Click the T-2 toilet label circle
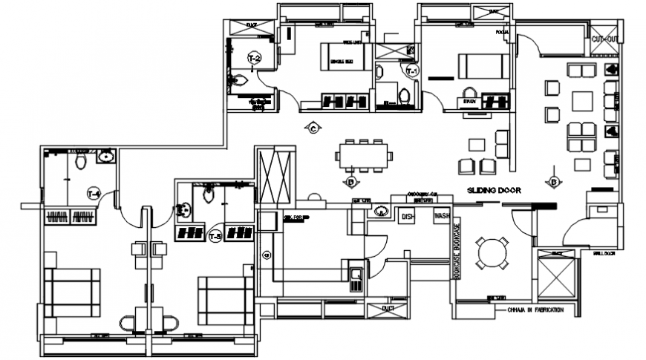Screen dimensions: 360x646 tap(254, 57)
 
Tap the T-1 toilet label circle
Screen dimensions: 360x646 tap(411, 71)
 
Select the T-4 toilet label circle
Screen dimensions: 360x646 tap(94, 194)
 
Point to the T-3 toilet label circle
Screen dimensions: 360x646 tap(215, 237)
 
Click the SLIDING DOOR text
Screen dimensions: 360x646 tap(494, 191)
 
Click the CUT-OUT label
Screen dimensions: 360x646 tap(605, 39)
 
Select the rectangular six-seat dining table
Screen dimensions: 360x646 tap(362, 156)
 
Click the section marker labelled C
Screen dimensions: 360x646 tap(313, 128)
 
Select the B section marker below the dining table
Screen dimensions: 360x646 tap(350, 180)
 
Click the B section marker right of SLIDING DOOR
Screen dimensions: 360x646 tap(553, 180)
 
